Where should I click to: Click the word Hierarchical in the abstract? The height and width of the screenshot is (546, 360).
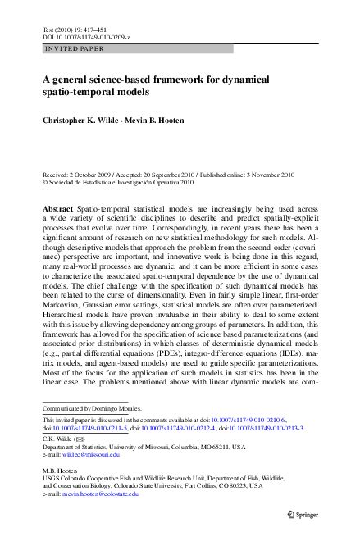[x=69, y=318]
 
